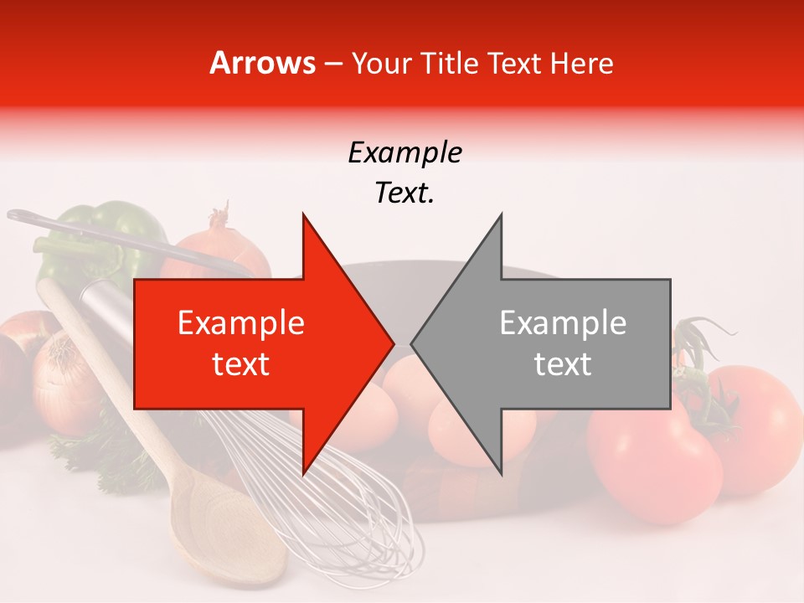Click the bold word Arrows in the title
263,63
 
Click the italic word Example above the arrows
405,153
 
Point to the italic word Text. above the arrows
405,193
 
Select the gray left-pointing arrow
553,344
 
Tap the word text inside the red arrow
241,365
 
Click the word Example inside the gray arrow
563,323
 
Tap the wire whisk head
335,502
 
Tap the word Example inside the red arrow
241,323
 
